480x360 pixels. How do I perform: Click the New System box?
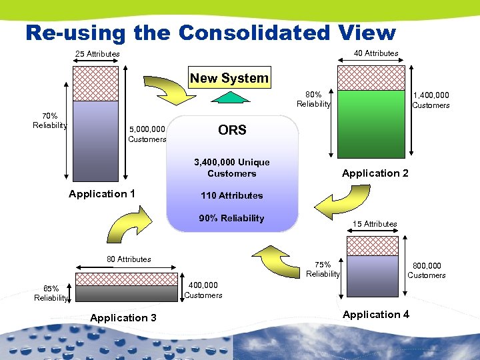pyautogui.click(x=229, y=78)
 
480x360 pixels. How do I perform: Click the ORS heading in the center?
pyautogui.click(x=232, y=130)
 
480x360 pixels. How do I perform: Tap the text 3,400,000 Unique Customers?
pyautogui.click(x=231, y=168)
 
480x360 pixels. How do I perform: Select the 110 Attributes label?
pyautogui.click(x=231, y=195)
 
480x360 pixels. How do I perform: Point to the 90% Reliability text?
pyautogui.click(x=231, y=218)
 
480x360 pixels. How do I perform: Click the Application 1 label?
pyautogui.click(x=102, y=194)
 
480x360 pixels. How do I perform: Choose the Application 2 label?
pyautogui.click(x=375, y=173)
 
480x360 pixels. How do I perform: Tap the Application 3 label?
pyautogui.click(x=123, y=318)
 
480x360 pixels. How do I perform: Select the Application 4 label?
pyautogui.click(x=376, y=314)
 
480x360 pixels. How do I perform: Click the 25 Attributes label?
pyautogui.click(x=97, y=54)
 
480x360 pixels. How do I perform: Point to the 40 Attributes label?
pyautogui.click(x=376, y=53)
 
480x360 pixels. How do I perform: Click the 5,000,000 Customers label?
pyautogui.click(x=147, y=134)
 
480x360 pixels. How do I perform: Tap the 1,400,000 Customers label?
pyautogui.click(x=431, y=100)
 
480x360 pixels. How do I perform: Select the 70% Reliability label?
pyautogui.click(x=50, y=120)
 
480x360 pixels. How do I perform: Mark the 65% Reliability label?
pyautogui.click(x=51, y=293)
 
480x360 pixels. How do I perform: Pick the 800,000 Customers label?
pyautogui.click(x=427, y=270)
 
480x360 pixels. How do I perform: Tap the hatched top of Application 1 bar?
pyautogui.click(x=95, y=83)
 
